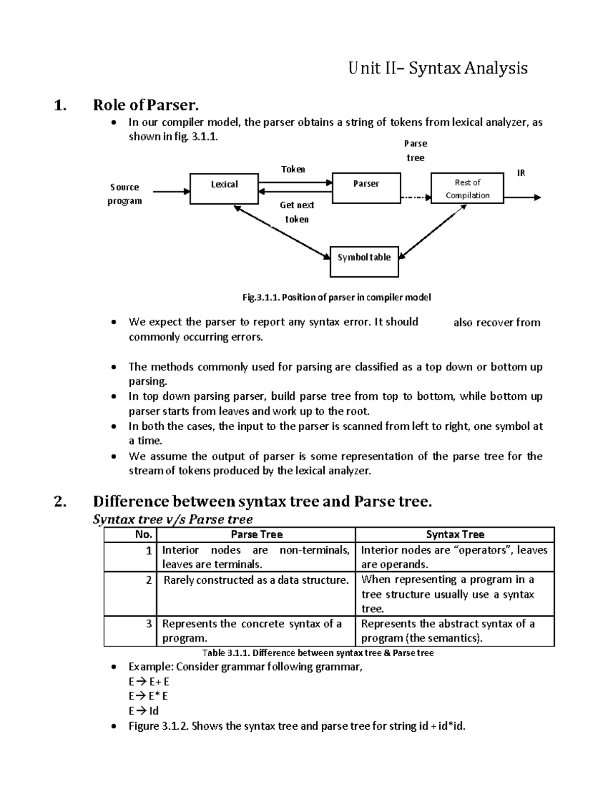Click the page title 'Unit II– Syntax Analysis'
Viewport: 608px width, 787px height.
coord(438,68)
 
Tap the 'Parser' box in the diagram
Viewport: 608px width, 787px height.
coord(366,188)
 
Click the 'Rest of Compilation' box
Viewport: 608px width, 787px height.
coord(467,189)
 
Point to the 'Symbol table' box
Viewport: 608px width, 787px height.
coord(364,261)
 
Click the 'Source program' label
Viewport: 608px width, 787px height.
coord(125,194)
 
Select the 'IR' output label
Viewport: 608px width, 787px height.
coord(521,173)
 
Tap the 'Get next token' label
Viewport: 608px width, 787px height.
coord(297,212)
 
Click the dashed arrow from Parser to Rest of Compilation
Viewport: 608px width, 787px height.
coord(415,198)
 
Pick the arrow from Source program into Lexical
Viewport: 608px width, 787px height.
coord(171,192)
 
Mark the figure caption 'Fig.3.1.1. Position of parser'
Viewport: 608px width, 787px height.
coord(336,297)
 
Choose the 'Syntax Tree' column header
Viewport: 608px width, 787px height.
coord(454,535)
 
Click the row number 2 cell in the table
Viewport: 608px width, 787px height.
coord(148,580)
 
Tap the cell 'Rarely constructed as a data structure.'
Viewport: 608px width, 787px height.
coord(256,580)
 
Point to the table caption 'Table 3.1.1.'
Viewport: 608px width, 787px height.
coord(318,653)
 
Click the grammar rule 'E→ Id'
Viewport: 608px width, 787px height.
coord(144,711)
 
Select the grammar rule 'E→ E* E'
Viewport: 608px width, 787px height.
coord(148,696)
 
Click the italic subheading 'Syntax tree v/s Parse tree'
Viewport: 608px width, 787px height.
coord(173,519)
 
